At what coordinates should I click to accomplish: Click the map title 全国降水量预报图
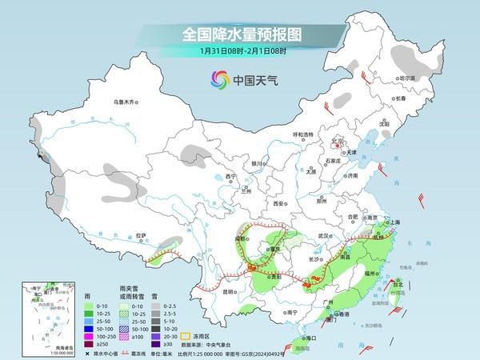point(239,34)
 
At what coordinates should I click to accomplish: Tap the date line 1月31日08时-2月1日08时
point(239,52)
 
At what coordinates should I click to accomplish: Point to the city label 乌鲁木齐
point(125,102)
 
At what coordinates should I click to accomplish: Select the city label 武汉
point(324,236)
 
